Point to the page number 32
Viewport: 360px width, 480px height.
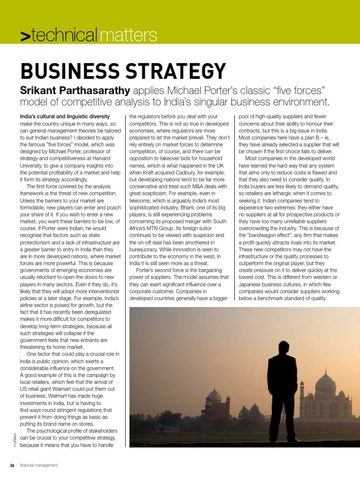[x=13, y=465]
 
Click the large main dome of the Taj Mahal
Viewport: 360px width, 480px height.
[x=325, y=385]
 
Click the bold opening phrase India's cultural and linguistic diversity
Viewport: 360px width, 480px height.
[x=65, y=116]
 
